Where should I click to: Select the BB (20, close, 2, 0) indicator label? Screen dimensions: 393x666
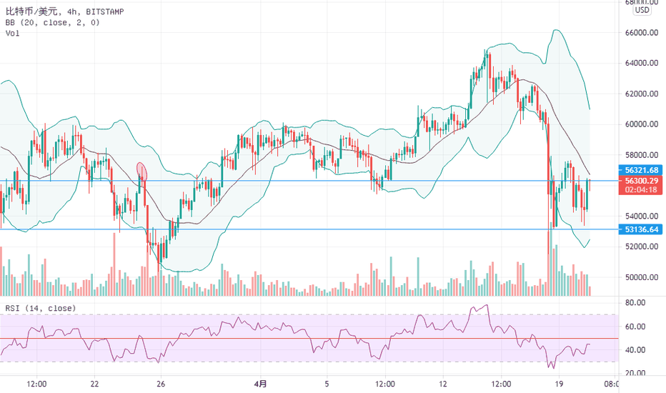click(53, 22)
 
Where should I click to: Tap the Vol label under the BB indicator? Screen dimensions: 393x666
click(12, 34)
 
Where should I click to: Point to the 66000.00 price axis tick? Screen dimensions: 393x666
click(641, 33)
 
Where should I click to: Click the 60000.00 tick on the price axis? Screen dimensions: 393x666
click(641, 124)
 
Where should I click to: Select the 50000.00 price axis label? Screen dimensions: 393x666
click(641, 277)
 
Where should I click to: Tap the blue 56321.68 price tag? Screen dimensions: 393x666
click(640, 170)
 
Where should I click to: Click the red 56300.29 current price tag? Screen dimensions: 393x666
click(640, 181)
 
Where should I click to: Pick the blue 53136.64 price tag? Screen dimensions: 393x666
click(640, 229)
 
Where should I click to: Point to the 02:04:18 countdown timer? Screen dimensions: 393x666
click(640, 190)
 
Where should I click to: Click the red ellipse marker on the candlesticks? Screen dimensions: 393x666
click(141, 171)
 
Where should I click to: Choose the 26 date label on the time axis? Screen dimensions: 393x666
click(161, 384)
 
